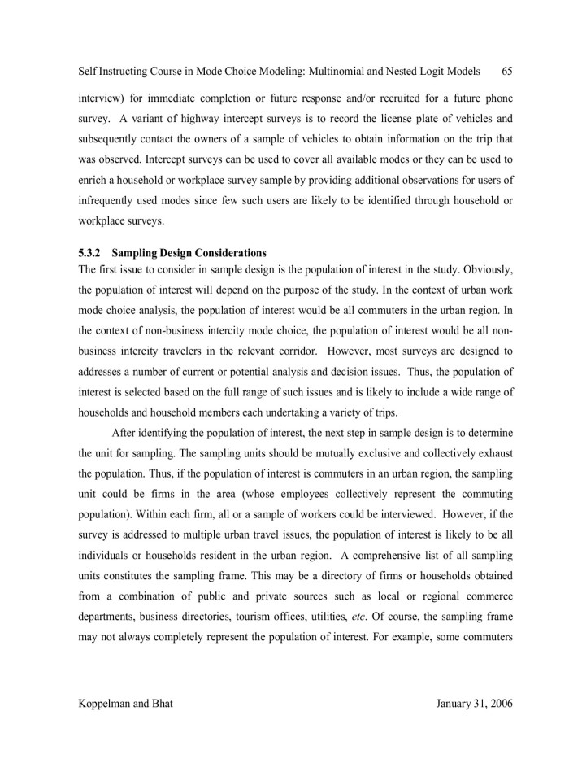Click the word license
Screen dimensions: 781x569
pyautogui.click(x=380, y=117)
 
